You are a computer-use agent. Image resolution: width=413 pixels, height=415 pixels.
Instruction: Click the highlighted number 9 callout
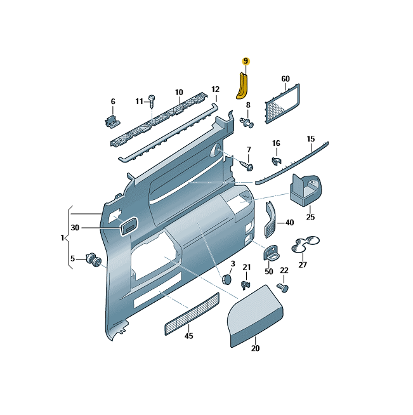tap(246, 61)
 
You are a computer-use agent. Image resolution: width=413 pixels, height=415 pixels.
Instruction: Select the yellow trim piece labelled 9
tap(242, 86)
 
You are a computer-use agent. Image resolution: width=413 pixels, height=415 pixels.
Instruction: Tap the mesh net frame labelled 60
tap(282, 103)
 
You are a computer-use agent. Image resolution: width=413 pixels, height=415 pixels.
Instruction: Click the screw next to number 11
tap(152, 102)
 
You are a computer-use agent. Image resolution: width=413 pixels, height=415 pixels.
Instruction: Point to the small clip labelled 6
tap(112, 121)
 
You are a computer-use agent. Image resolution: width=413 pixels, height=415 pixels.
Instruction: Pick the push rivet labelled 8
tap(247, 122)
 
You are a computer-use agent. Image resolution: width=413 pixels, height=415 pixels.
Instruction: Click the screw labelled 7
tap(246, 166)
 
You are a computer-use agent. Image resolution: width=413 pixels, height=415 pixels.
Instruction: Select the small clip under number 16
tap(277, 161)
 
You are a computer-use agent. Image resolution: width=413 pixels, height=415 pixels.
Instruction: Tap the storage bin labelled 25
tap(306, 190)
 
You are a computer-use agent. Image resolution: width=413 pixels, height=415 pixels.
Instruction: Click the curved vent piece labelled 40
tap(270, 220)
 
